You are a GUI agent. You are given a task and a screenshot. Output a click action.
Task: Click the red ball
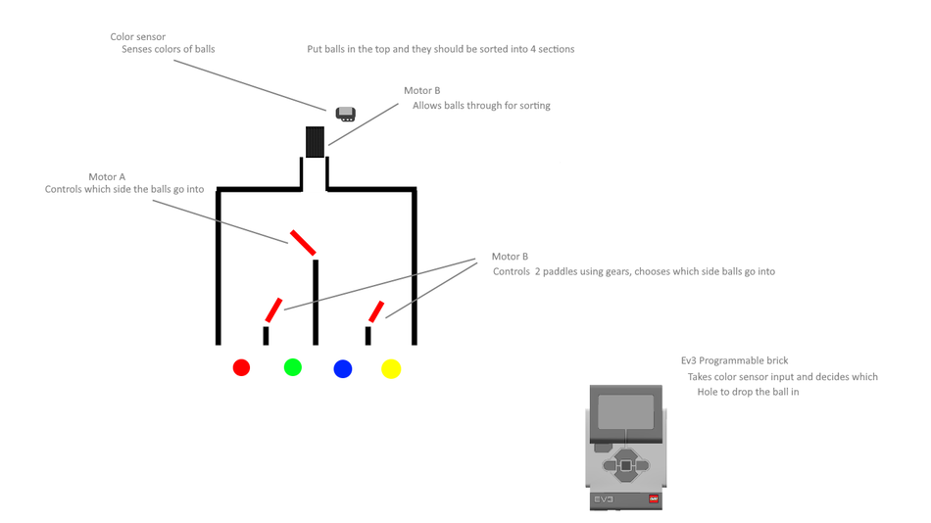241,367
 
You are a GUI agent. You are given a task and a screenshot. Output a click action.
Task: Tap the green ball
292,367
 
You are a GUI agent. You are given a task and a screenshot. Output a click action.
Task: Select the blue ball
342,368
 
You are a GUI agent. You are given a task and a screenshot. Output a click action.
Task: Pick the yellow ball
391,368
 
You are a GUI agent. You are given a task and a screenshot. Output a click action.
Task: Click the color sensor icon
345,114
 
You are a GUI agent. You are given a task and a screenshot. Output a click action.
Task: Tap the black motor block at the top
315,142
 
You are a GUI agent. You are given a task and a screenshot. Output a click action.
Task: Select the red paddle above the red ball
273,309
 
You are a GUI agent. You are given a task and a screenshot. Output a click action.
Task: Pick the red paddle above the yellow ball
374,311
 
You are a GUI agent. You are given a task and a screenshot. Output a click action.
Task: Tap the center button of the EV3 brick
625,466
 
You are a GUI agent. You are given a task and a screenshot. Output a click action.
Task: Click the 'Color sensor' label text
137,37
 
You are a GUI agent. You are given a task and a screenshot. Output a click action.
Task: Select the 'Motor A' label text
107,177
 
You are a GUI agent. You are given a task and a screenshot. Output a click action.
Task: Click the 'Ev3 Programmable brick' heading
734,360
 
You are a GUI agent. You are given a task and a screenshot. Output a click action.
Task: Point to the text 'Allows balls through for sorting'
481,106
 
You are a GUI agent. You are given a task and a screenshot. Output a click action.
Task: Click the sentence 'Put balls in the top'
441,49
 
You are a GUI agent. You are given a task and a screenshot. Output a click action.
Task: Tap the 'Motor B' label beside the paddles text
510,257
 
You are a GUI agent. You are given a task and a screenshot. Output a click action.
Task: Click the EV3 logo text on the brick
603,499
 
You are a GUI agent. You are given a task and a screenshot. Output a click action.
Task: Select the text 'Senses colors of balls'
168,49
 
